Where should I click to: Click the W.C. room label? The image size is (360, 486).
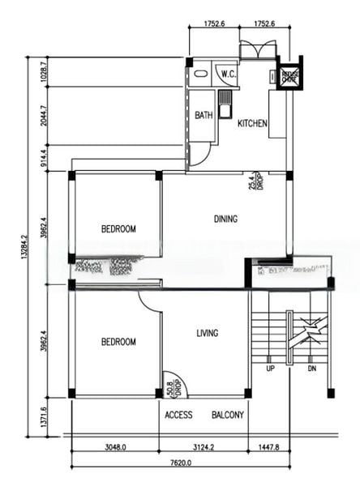(x=228, y=75)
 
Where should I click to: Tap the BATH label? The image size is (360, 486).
(x=204, y=115)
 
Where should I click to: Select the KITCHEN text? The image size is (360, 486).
(x=252, y=124)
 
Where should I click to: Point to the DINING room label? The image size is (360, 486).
(x=225, y=219)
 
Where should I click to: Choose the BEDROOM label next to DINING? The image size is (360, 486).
(x=118, y=229)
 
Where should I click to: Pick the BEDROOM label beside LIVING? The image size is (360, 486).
(x=118, y=342)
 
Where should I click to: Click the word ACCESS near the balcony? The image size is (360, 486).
(x=178, y=415)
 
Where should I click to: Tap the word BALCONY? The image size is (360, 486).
(x=228, y=415)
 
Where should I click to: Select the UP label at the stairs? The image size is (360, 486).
(x=270, y=369)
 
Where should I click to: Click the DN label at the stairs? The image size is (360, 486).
(x=311, y=369)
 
